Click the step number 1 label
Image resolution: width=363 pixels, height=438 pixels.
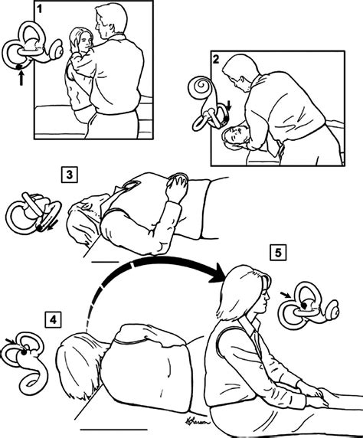39,8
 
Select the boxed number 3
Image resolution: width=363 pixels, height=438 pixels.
69,175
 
